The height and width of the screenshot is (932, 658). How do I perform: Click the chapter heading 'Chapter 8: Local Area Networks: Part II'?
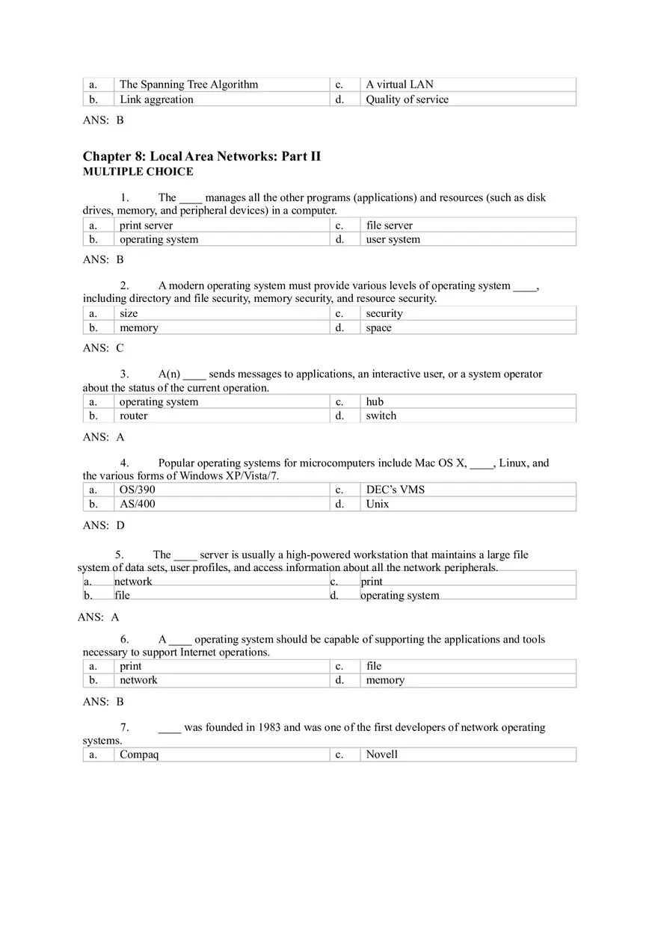click(201, 156)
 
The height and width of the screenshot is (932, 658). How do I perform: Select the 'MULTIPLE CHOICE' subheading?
click(138, 172)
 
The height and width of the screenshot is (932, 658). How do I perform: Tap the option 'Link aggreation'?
click(156, 99)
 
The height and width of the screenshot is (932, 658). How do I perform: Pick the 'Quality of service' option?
click(407, 99)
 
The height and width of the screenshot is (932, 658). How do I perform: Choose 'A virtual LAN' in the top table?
click(399, 84)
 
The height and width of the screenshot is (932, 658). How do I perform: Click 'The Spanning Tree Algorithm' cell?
click(188, 84)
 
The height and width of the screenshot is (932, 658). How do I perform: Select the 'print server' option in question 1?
click(146, 225)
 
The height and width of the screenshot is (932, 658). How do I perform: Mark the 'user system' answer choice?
click(393, 239)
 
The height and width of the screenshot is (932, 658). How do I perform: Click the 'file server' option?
click(389, 225)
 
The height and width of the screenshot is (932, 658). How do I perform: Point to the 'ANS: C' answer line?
click(103, 348)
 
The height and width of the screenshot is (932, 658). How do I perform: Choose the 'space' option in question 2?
click(378, 328)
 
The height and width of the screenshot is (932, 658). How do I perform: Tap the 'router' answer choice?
click(133, 416)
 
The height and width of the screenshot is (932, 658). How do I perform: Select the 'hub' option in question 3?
click(375, 401)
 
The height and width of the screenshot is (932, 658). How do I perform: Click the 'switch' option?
click(381, 416)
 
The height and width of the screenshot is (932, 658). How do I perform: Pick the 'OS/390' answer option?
click(138, 490)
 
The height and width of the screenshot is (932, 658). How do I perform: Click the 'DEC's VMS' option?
click(395, 490)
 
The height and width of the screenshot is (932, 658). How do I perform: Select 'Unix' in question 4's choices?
click(378, 504)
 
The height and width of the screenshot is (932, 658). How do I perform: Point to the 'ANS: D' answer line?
click(103, 525)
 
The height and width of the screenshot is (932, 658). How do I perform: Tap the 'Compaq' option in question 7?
click(139, 754)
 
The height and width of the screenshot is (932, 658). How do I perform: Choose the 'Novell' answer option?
click(381, 754)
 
